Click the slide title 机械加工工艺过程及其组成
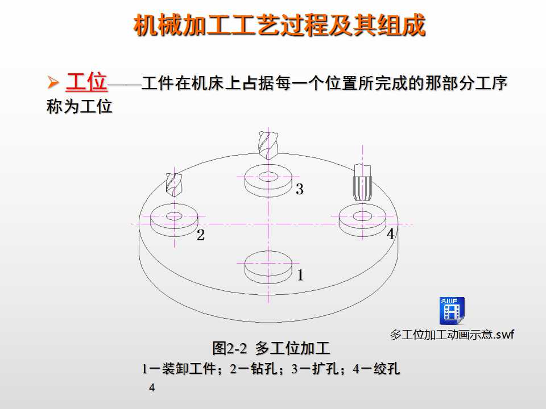pyautogui.click(x=279, y=26)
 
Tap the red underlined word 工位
pyautogui.click(x=86, y=83)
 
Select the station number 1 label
pyautogui.click(x=300, y=276)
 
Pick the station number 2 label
pyautogui.click(x=200, y=236)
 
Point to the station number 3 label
pyautogui.click(x=299, y=190)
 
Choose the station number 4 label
pyautogui.click(x=391, y=234)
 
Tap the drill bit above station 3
pyautogui.click(x=266, y=144)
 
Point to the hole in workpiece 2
pyautogui.click(x=174, y=216)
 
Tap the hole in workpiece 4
pyautogui.click(x=362, y=216)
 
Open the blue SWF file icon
pyautogui.click(x=452, y=310)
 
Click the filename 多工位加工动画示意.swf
pyautogui.click(x=452, y=335)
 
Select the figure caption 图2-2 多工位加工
pyautogui.click(x=271, y=348)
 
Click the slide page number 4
pyautogui.click(x=151, y=388)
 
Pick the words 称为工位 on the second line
pyautogui.click(x=80, y=107)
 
